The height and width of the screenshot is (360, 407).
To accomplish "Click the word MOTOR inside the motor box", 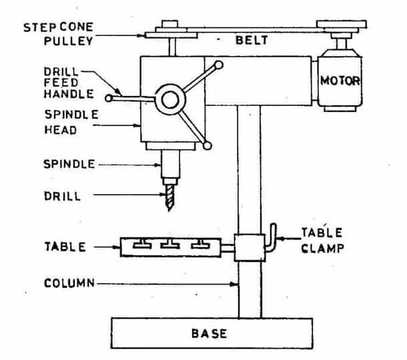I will coord(340,82).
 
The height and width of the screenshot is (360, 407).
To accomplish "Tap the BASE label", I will coord(209,333).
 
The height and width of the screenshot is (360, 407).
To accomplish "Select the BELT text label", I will coord(252,41).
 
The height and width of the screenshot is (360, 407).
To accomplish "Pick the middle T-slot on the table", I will coord(170,244).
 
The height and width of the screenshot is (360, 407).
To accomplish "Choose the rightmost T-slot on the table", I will coord(199,244).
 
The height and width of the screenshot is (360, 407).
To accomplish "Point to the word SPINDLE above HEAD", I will coord(71,115).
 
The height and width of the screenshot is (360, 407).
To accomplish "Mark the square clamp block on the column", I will coord(248,247).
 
